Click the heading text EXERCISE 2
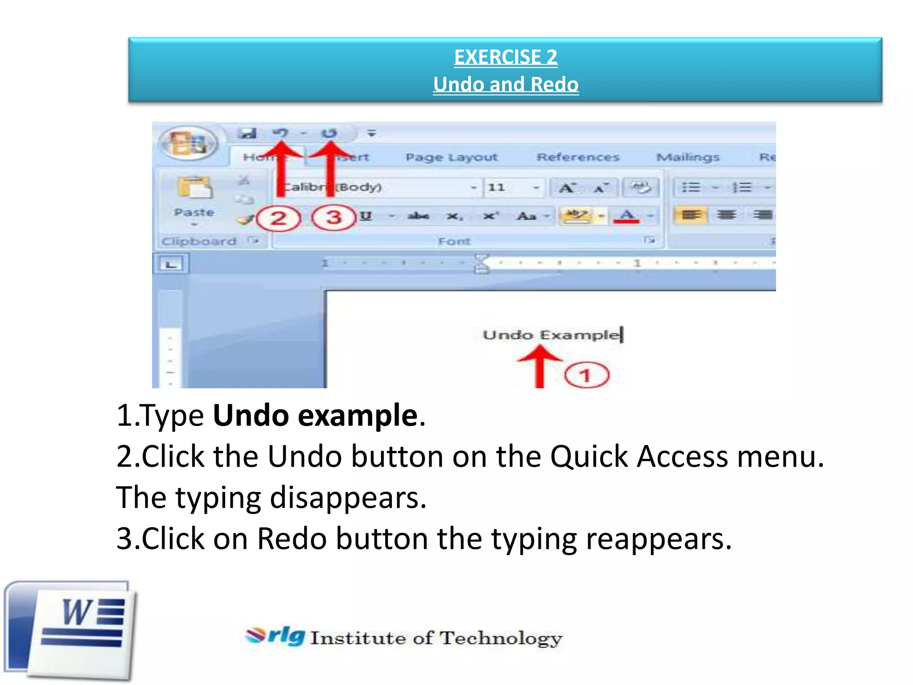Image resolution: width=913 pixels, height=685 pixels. point(506,57)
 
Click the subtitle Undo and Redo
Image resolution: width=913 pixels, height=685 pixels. point(506,84)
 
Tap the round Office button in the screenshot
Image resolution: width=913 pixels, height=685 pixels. point(189,143)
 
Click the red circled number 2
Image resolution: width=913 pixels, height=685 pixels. point(279,219)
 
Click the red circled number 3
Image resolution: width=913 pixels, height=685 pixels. point(334,218)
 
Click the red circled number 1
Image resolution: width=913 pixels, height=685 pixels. point(586,376)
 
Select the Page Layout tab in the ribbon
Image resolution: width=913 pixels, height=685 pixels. point(451,157)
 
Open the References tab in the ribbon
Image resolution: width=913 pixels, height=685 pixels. point(578,157)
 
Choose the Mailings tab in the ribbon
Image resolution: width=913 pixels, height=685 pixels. point(688,157)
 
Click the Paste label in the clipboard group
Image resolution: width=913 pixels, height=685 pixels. point(194,212)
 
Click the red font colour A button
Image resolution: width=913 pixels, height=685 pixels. point(627,216)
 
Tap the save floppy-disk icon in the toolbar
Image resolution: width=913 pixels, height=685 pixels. point(247,133)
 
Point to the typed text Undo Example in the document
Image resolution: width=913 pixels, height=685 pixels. point(551,335)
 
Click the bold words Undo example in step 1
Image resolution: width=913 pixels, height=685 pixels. point(315,415)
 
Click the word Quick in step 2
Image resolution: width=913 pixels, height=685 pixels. point(588,457)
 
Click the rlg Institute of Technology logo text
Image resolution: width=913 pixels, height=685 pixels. point(403,637)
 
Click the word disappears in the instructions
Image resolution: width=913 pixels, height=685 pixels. point(348,498)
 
